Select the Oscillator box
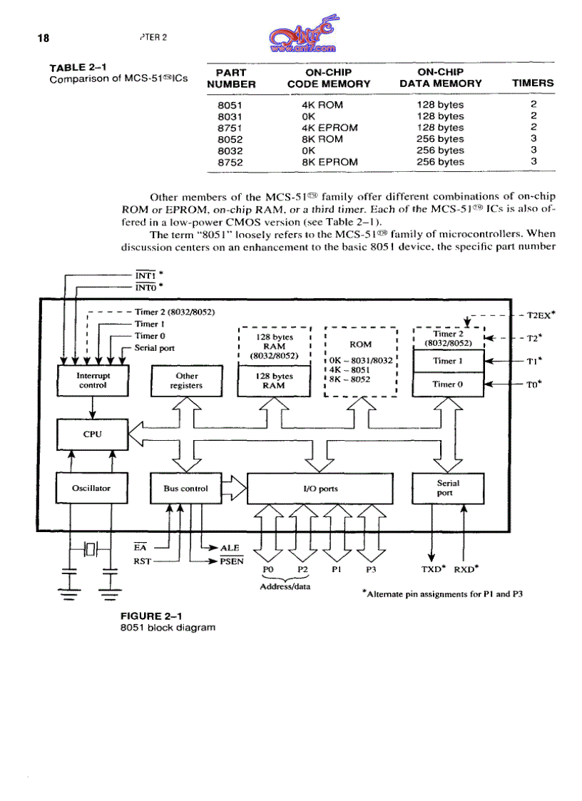(x=91, y=489)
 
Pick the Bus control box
(x=185, y=489)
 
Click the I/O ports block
(x=320, y=489)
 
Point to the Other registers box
(x=186, y=380)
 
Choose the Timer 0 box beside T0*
(x=449, y=384)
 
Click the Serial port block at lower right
(x=448, y=488)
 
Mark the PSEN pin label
(x=232, y=561)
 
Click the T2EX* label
(x=541, y=315)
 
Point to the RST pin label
(x=143, y=561)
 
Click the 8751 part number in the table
(x=228, y=128)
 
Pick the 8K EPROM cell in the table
(x=329, y=162)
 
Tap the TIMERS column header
(x=532, y=83)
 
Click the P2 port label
(x=302, y=570)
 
